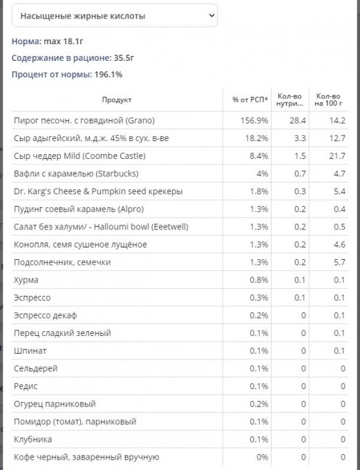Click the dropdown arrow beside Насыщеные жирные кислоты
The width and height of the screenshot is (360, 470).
tap(211, 15)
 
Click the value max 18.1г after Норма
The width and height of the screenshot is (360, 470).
tap(64, 41)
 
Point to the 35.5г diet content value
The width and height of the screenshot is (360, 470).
tap(124, 58)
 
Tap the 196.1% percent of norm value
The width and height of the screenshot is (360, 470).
tap(108, 75)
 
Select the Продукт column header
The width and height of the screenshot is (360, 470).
tap(117, 100)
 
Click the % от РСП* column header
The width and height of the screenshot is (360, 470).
tap(250, 100)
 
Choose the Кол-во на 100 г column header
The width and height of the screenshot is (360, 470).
tap(328, 100)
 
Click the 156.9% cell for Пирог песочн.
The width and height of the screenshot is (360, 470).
tap(254, 120)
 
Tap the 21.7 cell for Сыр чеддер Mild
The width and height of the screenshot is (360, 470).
tap(337, 156)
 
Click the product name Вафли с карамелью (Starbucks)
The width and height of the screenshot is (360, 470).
tap(76, 173)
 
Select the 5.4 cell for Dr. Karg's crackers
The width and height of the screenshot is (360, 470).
tap(340, 191)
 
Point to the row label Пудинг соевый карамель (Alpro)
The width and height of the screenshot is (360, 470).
tap(79, 209)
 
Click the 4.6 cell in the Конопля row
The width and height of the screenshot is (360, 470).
tap(340, 244)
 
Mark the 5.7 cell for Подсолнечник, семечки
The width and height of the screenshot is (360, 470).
tap(340, 262)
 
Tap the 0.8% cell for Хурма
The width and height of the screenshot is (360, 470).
tap(259, 280)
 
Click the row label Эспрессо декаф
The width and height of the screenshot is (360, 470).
tap(46, 315)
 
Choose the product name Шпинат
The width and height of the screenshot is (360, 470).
tap(30, 350)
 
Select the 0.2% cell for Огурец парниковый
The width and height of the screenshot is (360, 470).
tap(259, 404)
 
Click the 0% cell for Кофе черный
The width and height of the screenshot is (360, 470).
tap(263, 457)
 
